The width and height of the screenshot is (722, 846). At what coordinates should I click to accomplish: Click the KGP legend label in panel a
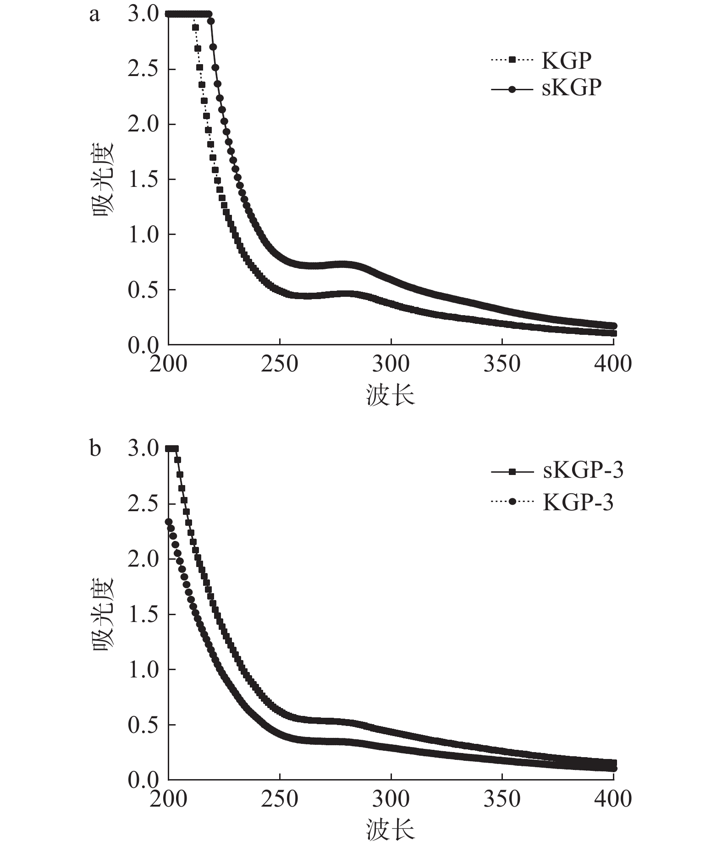point(567,60)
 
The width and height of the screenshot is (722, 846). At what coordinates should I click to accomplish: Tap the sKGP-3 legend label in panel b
point(583,471)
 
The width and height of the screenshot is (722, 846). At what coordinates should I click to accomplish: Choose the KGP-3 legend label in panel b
point(578,502)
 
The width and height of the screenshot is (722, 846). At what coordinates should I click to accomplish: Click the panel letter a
point(94,15)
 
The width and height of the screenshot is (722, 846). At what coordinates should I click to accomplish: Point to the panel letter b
point(95,448)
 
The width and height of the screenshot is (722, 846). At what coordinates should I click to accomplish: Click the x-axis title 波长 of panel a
point(391,395)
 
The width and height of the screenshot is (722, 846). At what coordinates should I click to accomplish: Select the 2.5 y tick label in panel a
point(143,70)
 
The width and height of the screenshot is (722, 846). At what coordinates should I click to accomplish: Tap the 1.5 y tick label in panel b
point(143,614)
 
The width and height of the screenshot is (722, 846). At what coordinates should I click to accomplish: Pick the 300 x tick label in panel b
point(391,799)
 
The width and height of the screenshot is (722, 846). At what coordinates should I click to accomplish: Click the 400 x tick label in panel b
point(613,799)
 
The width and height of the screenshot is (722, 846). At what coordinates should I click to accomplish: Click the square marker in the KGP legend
point(512,60)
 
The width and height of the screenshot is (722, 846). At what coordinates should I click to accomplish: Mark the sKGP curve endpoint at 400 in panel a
point(613,325)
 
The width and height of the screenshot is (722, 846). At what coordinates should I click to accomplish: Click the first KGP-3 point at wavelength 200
point(169,522)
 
